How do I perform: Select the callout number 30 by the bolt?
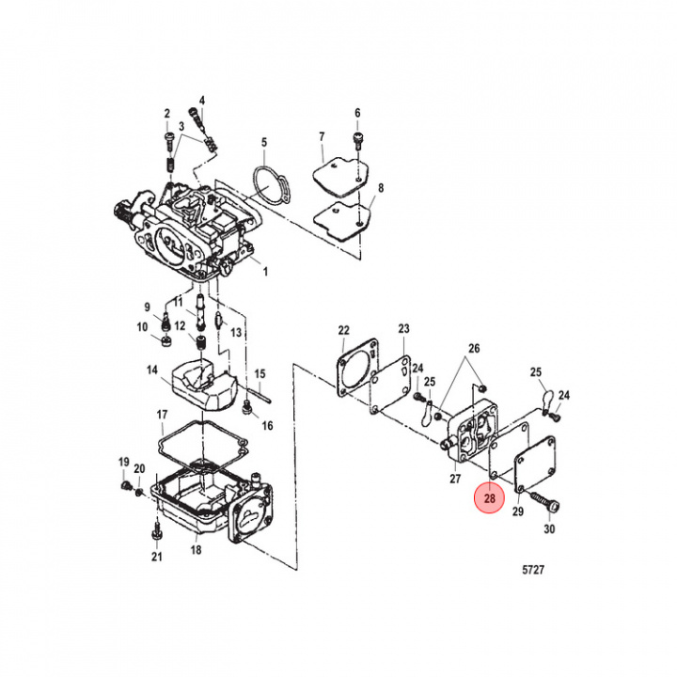point(550,529)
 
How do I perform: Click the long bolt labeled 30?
point(543,504)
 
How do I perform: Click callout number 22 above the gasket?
point(344,330)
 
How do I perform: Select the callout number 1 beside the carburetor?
point(264,272)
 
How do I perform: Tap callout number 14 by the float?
point(151,370)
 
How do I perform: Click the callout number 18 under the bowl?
point(197,549)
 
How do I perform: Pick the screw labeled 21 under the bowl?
point(157,533)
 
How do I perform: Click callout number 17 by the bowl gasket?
point(162,415)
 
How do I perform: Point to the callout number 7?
point(321,136)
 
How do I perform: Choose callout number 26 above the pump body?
point(474,349)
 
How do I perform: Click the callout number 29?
point(517,512)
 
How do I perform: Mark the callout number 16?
point(267,425)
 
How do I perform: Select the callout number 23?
point(404,329)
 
